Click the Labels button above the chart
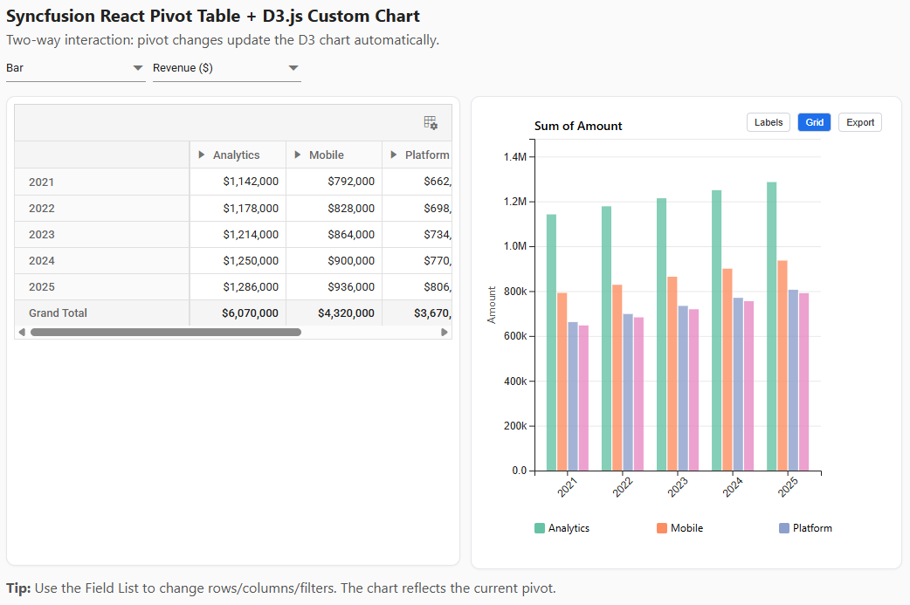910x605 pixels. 769,122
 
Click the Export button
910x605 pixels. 859,122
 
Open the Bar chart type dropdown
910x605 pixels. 75,68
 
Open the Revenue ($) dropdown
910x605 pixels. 226,68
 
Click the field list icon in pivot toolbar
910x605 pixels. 431,123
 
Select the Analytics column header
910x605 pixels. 237,155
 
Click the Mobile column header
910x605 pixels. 327,155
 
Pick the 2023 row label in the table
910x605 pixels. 41,234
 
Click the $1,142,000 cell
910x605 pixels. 251,182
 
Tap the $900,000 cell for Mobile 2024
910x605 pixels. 351,260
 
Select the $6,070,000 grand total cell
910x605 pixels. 250,313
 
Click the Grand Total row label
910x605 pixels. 58,313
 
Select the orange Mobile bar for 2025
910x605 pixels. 782,365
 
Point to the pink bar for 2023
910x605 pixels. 693,389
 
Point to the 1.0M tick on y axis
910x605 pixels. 515,246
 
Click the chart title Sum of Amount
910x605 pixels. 578,126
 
